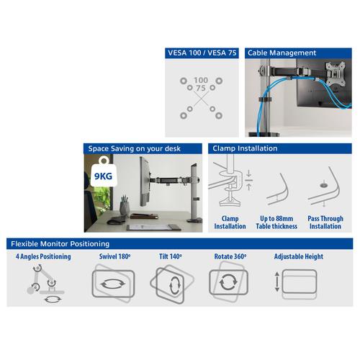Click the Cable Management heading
(282, 53)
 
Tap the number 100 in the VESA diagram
(201, 79)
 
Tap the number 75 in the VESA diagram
(200, 89)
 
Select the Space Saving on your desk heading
(135, 148)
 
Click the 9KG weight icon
(99, 172)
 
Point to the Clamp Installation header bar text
(243, 148)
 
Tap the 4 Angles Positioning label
(43, 256)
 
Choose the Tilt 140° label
(171, 256)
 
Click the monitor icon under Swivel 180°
(113, 283)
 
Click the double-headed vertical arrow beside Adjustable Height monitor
(276, 282)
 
